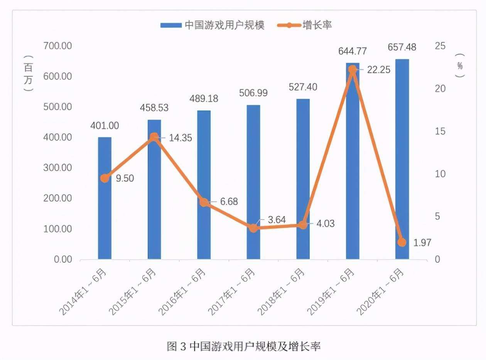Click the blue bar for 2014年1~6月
105,208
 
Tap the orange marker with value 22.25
352,69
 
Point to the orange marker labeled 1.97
402,242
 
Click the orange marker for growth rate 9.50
105,178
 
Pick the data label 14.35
180,138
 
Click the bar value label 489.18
204,99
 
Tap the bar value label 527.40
303,87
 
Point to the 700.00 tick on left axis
58,46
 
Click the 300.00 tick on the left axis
58,168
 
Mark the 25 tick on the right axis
440,46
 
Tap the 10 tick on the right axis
440,174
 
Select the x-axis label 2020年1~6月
381,292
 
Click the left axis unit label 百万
28,73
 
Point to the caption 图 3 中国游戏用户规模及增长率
243,346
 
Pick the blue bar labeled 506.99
253,182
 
